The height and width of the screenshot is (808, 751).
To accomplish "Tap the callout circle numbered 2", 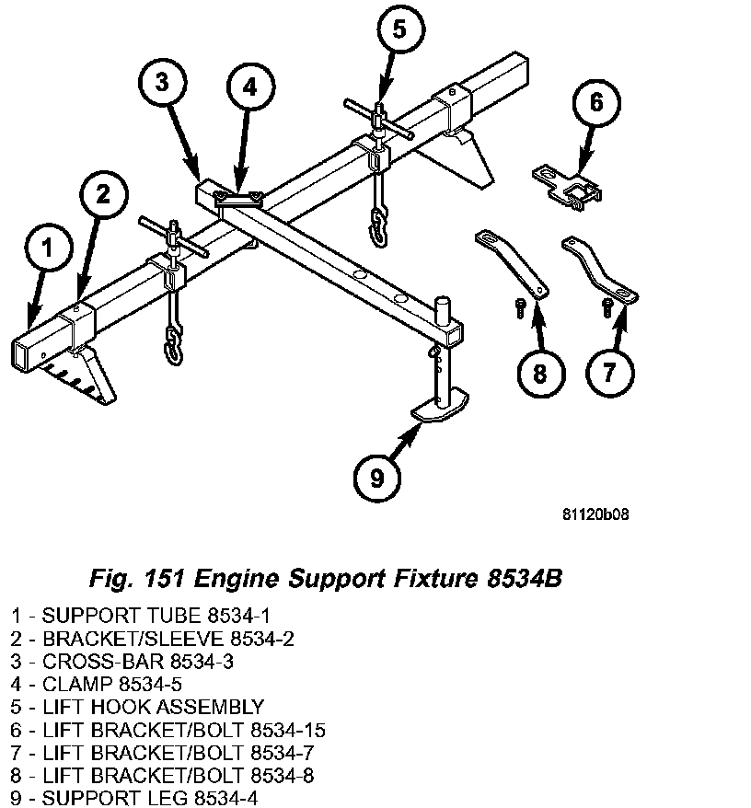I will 102,193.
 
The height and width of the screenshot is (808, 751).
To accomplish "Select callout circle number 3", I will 161,82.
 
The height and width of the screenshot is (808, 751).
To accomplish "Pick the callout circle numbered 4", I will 250,88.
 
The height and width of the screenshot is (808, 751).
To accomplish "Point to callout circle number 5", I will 398,30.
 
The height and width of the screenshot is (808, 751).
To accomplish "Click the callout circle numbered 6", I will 595,101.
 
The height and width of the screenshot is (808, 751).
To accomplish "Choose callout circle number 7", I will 607,371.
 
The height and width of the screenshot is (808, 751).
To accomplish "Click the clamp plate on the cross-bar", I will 238,197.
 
